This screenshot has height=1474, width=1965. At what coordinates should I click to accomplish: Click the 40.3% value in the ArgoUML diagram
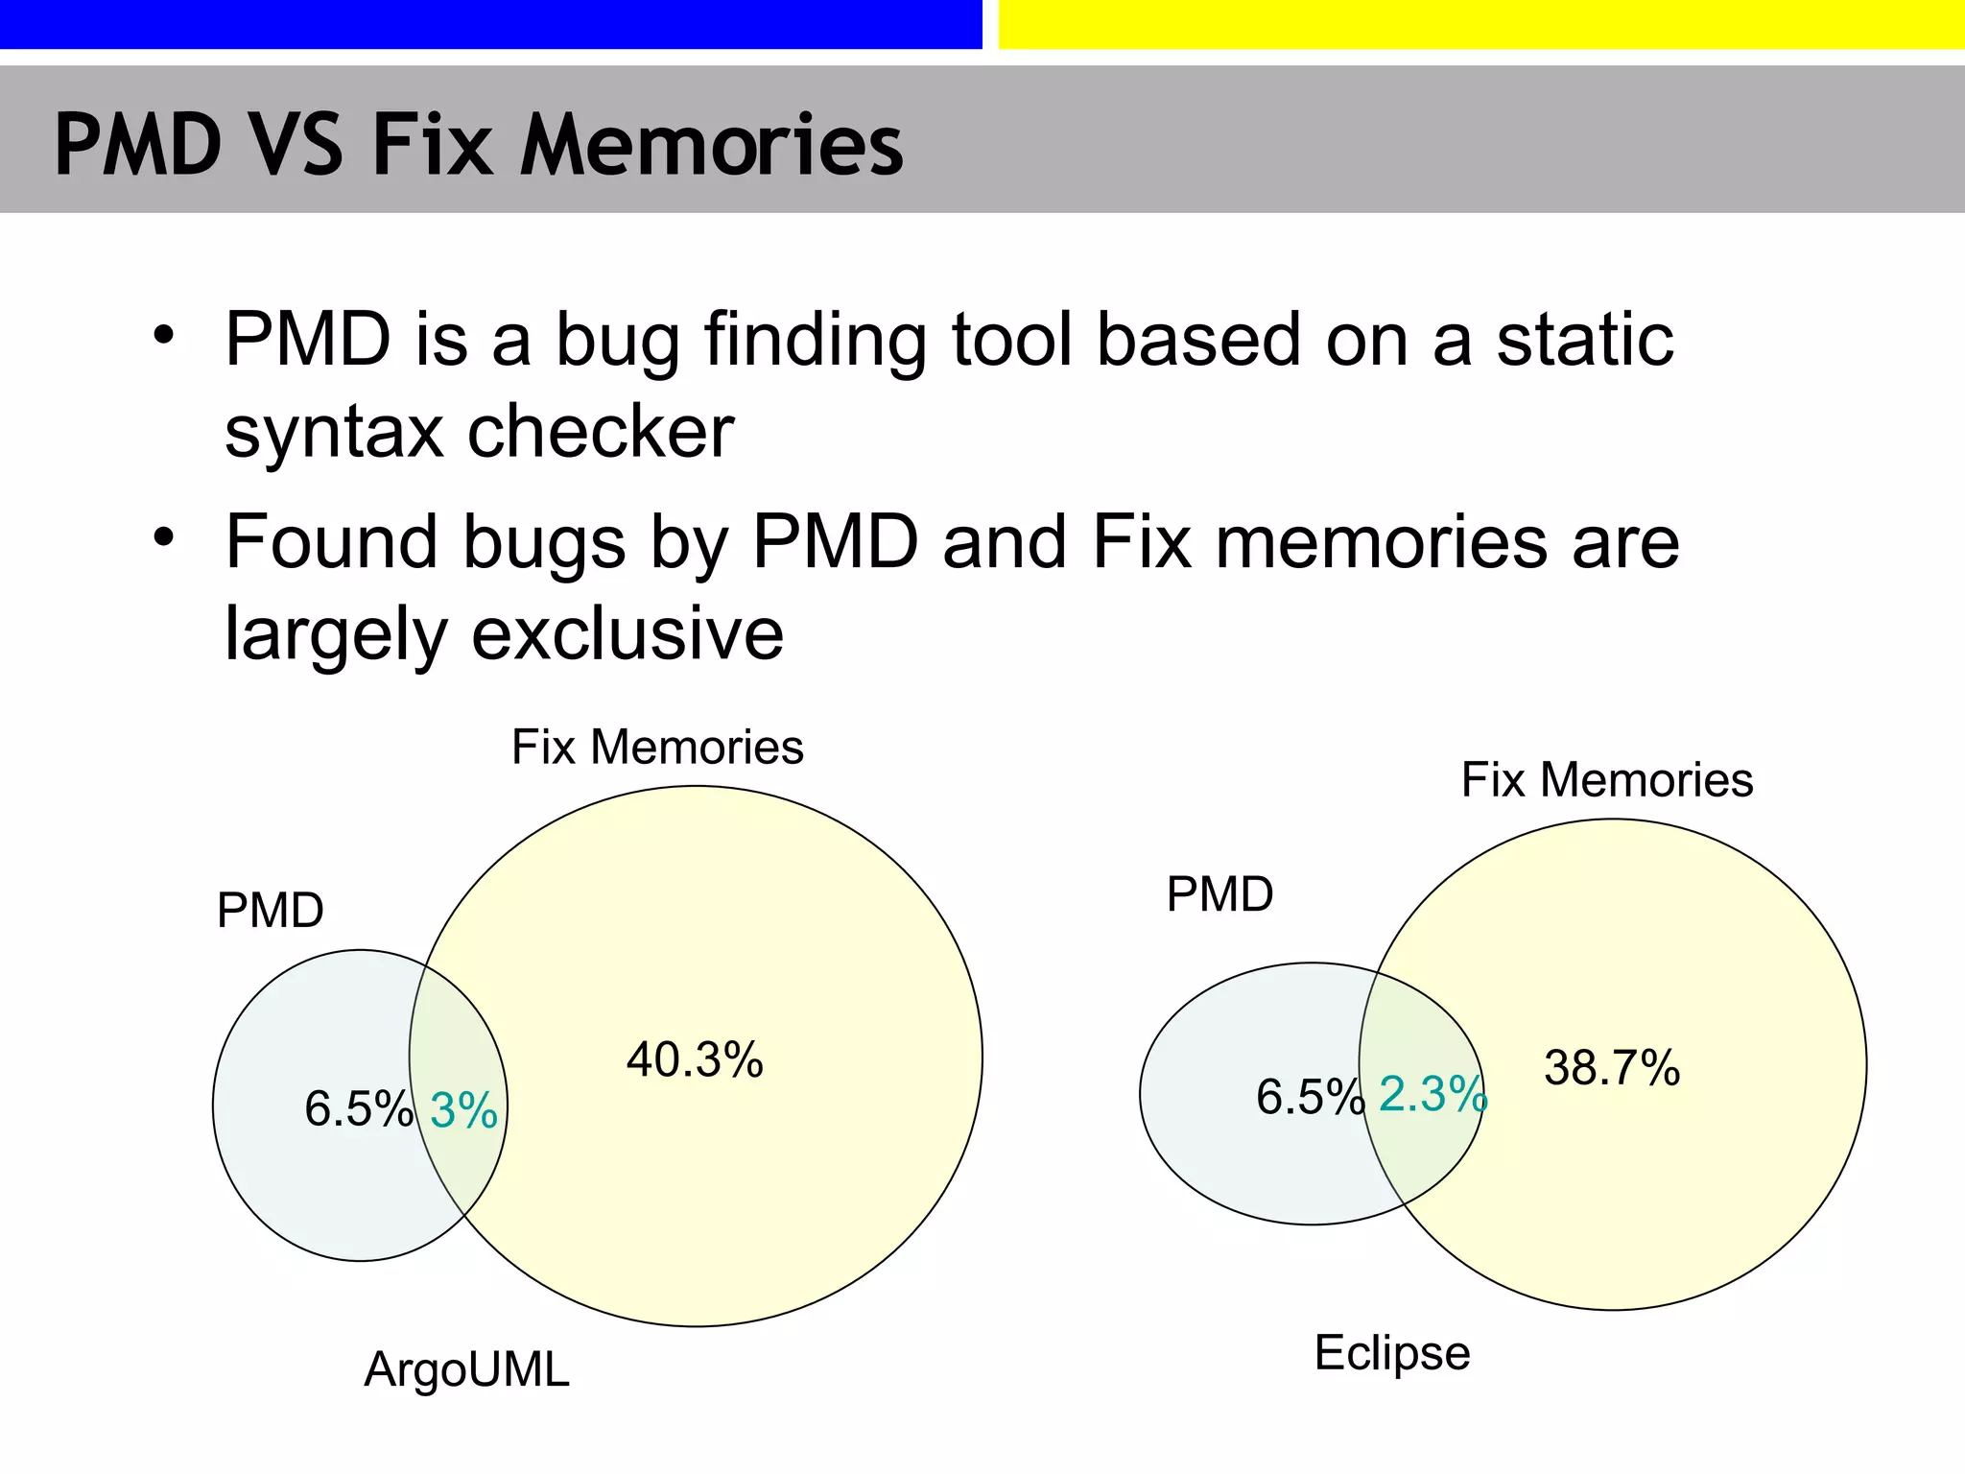click(695, 1060)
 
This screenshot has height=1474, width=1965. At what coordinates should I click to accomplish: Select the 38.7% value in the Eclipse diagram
click(1612, 1068)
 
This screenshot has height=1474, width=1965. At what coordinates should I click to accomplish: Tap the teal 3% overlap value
click(463, 1111)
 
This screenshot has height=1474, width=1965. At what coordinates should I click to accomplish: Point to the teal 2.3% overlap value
click(1432, 1094)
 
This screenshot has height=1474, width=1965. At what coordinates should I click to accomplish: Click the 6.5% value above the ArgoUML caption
click(358, 1109)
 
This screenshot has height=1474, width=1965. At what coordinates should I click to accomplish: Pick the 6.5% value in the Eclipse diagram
click(1310, 1097)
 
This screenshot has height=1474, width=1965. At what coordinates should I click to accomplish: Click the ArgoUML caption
click(466, 1369)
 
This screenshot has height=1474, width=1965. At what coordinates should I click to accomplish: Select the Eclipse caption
click(1391, 1353)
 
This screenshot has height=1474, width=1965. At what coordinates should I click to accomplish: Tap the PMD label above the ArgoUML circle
click(271, 910)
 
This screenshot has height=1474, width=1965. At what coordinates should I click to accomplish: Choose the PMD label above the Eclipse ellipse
click(1219, 894)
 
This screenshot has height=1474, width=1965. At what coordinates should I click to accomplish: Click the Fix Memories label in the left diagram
click(657, 747)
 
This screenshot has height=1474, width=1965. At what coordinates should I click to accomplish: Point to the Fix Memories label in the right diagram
click(1607, 779)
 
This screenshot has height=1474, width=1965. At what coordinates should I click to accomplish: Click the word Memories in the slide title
click(711, 145)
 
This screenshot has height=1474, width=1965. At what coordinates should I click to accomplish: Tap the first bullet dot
click(164, 335)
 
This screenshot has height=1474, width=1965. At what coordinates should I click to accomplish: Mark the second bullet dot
click(164, 537)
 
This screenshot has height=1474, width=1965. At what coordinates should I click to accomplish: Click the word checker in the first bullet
click(601, 433)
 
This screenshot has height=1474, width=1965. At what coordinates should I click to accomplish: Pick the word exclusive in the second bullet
click(627, 633)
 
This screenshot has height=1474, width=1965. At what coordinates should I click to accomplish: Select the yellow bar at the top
click(1480, 23)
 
